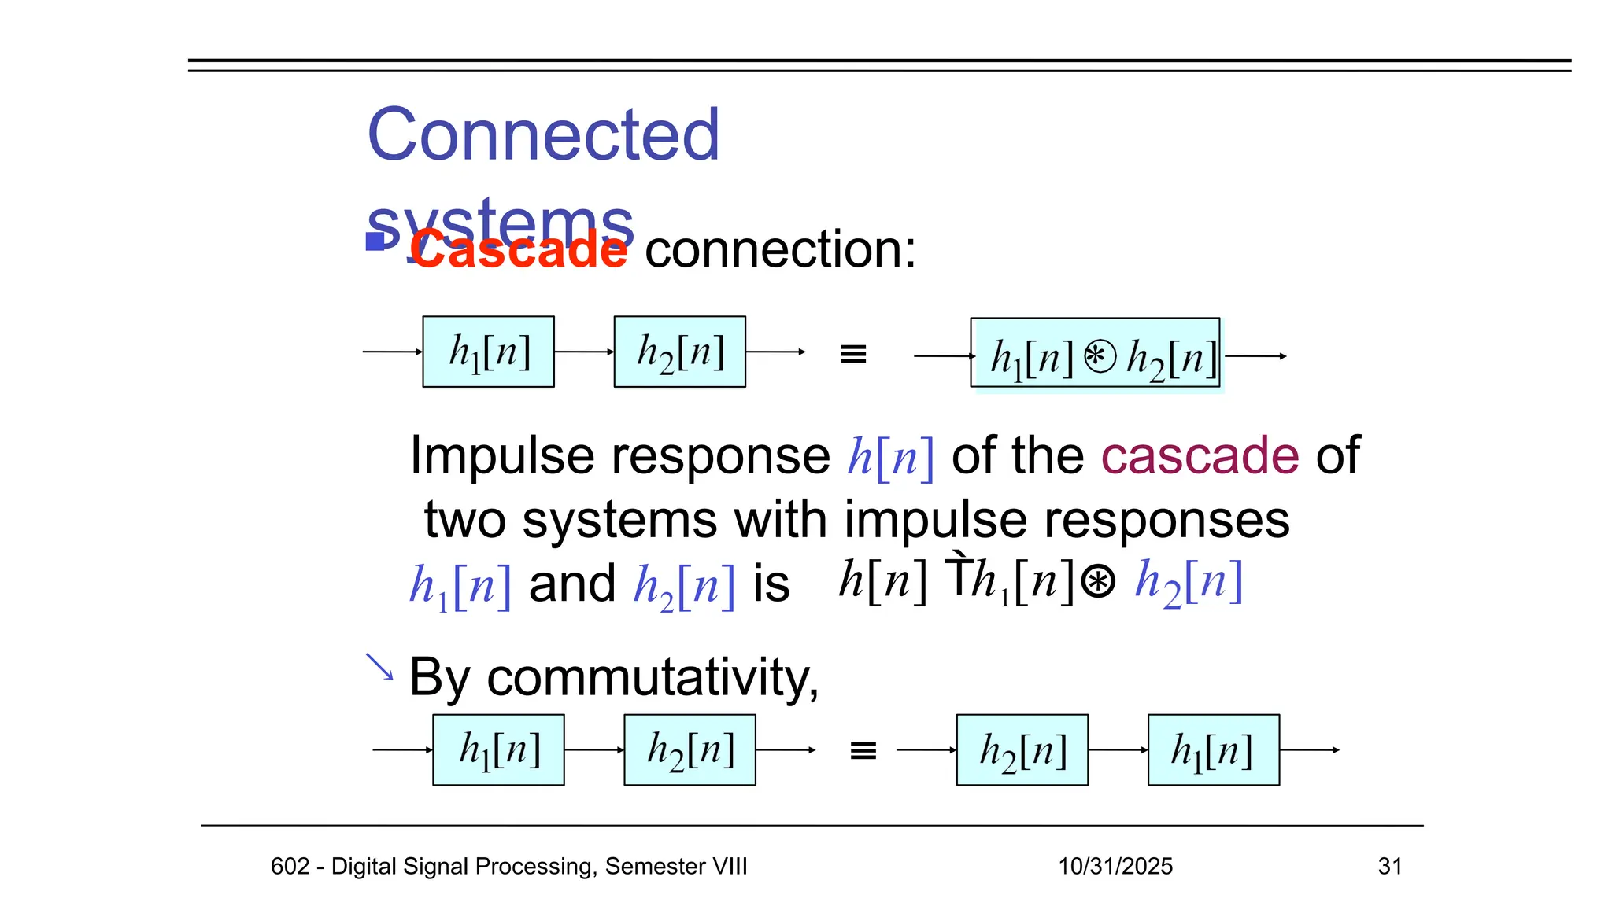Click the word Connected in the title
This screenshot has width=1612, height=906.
[543, 135]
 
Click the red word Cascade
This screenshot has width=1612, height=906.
[518, 250]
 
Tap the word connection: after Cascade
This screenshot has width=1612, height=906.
[780, 250]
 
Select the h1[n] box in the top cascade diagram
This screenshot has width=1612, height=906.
[488, 352]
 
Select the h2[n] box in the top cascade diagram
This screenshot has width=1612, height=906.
[679, 352]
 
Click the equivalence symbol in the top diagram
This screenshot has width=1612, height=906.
[853, 354]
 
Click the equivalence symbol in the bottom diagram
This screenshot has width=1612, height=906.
[863, 751]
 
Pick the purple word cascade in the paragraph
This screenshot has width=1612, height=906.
[1200, 455]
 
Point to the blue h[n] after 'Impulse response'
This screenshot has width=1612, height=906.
[890, 457]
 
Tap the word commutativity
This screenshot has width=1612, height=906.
[653, 677]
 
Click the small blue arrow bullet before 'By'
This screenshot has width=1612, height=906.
[379, 667]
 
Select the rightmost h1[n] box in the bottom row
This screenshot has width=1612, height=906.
[1213, 749]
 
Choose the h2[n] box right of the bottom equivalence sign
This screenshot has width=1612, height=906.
[1022, 749]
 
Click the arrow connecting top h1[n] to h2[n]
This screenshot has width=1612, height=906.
[583, 352]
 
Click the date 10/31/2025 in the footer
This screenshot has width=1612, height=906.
[1115, 866]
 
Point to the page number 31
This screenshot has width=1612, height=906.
[1390, 866]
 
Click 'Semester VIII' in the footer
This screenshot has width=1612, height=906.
[676, 866]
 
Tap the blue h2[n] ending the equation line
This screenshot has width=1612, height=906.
[1189, 583]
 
